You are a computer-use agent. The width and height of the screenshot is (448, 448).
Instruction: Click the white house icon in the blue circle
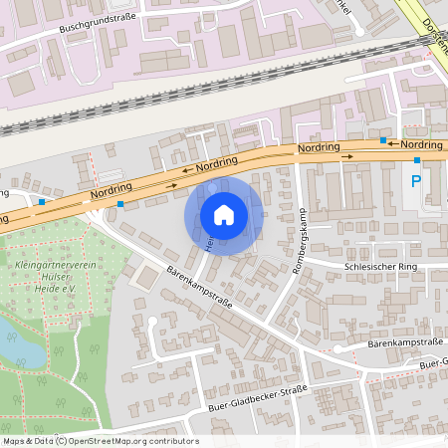(x=224, y=215)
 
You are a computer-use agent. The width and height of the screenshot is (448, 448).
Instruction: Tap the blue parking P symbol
(x=415, y=181)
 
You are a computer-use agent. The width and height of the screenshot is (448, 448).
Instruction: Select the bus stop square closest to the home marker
(x=120, y=204)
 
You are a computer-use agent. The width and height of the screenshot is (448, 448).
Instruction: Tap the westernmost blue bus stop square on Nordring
(x=42, y=202)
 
